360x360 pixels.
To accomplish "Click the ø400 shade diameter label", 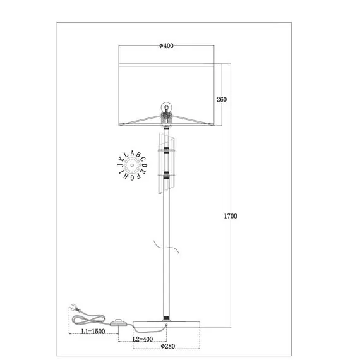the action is (x=167, y=45).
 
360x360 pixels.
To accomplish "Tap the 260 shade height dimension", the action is (x=222, y=99).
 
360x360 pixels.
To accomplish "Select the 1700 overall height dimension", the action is (x=231, y=216).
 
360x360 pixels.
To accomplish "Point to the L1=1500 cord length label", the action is (x=93, y=332).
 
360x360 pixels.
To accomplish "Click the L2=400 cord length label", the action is (x=143, y=339).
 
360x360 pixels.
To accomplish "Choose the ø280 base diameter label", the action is (x=168, y=346).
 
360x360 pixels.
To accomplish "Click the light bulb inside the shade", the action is (x=167, y=108).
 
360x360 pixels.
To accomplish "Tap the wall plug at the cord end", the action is (x=75, y=308).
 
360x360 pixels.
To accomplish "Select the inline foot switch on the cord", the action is (x=119, y=322).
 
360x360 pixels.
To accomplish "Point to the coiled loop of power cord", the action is (x=88, y=320).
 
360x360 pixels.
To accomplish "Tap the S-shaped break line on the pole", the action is (x=167, y=248).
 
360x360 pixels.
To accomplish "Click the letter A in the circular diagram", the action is (x=132, y=153).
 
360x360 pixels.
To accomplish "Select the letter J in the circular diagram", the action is (x=119, y=165).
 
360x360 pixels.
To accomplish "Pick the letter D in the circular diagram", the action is (x=145, y=165).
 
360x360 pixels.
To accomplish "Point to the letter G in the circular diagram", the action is (x=132, y=177).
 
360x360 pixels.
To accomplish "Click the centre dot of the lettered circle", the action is (x=132, y=165).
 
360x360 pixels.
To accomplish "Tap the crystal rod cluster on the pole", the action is (x=166, y=163).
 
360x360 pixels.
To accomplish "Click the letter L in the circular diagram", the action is (x=126, y=155).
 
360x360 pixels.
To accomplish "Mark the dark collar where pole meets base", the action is (x=166, y=318).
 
